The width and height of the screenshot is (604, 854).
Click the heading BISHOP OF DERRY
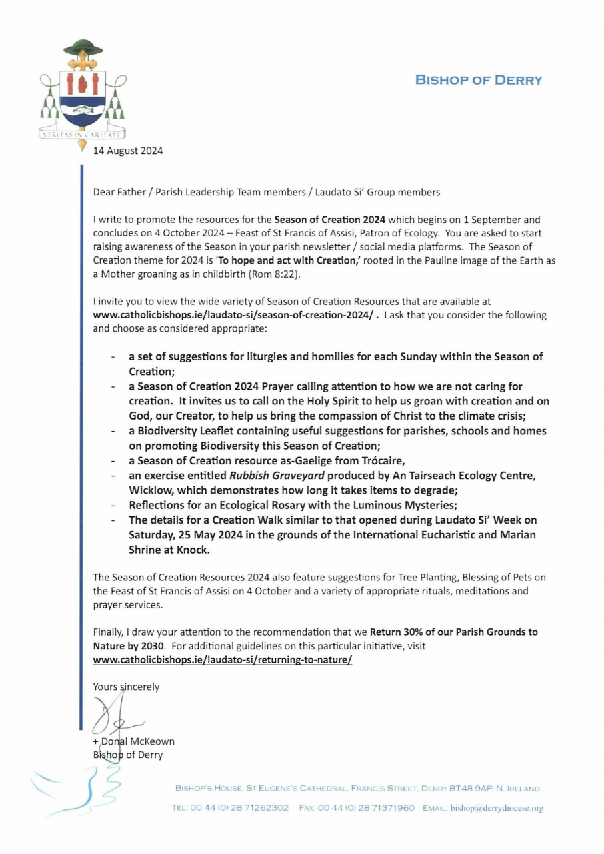pos(479,81)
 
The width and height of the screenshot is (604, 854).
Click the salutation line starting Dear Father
pos(267,193)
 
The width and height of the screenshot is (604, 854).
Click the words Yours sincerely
pos(127,686)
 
